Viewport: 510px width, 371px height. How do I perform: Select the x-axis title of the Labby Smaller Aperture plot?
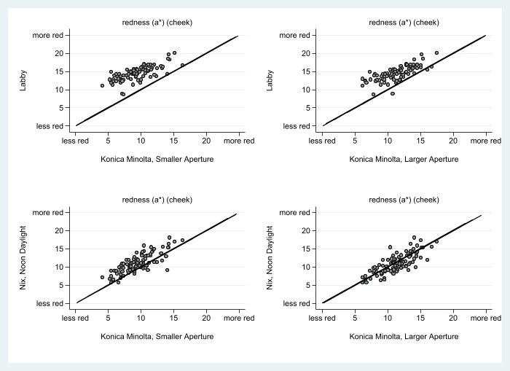pyautogui.click(x=157, y=159)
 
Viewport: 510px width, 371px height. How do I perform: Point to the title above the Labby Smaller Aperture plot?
pyautogui.click(x=157, y=22)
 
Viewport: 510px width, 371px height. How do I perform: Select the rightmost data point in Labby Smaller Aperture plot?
pyautogui.click(x=182, y=65)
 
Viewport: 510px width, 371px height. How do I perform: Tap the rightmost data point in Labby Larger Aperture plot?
pyautogui.click(x=436, y=52)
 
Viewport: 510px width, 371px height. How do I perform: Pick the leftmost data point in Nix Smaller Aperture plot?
pyautogui.click(x=103, y=277)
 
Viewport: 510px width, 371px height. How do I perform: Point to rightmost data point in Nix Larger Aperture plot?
pyautogui.click(x=436, y=241)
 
